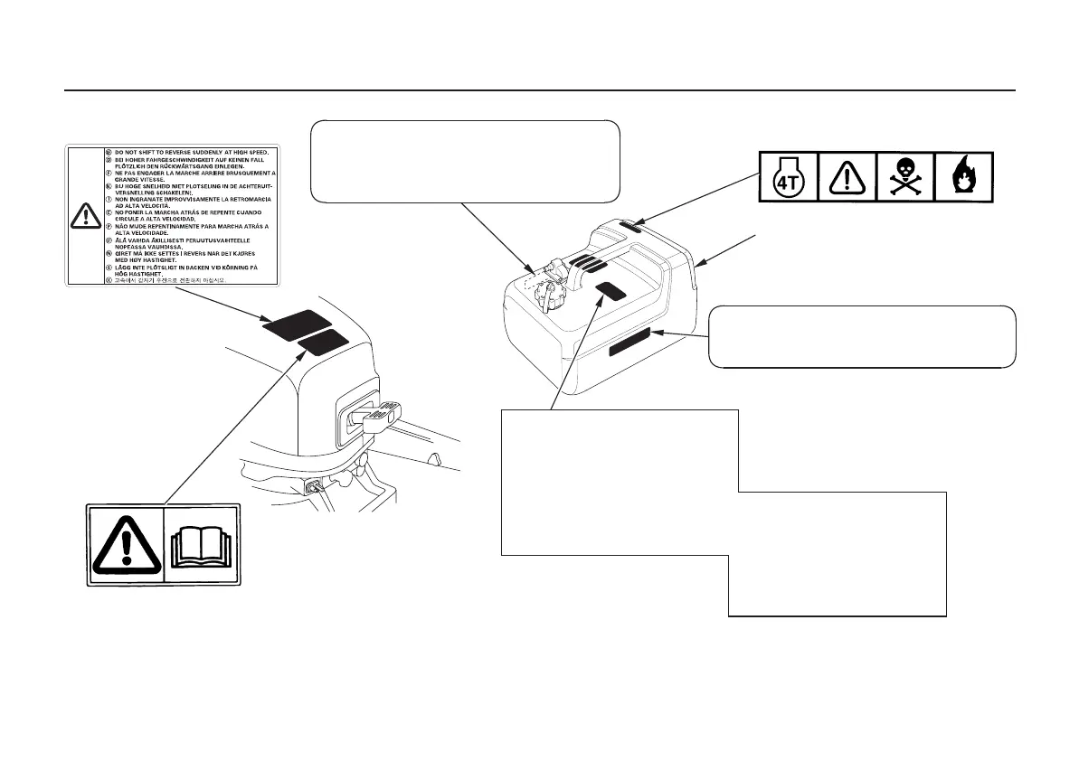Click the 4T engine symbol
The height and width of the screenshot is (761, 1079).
[786, 174]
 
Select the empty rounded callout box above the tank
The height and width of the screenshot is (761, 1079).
[465, 161]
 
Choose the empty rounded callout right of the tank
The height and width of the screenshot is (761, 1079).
[861, 336]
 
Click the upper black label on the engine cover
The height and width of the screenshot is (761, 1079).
[297, 323]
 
